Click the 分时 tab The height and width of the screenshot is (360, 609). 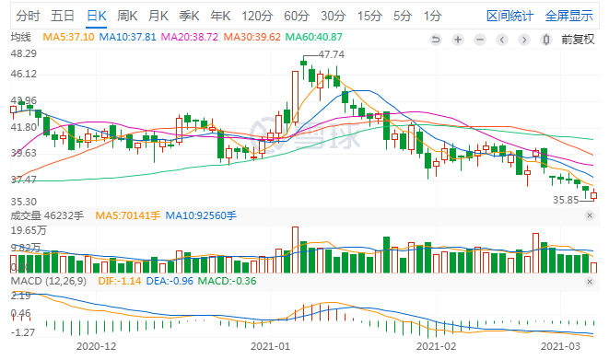(x=29, y=16)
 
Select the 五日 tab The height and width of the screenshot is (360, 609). (x=63, y=16)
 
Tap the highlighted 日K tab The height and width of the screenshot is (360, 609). (x=96, y=16)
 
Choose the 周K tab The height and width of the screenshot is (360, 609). (x=128, y=16)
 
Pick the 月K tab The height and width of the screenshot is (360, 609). (x=158, y=16)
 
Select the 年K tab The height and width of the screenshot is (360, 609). (x=220, y=16)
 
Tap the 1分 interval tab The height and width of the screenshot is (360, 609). (x=431, y=16)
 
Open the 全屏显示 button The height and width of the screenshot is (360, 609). (x=568, y=16)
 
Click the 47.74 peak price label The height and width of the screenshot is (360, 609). (x=331, y=55)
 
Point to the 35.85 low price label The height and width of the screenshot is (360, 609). (x=565, y=199)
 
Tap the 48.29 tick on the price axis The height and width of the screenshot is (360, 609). (x=23, y=52)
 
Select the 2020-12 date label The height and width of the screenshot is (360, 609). (x=96, y=347)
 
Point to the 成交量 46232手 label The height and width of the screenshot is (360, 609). (x=46, y=215)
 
